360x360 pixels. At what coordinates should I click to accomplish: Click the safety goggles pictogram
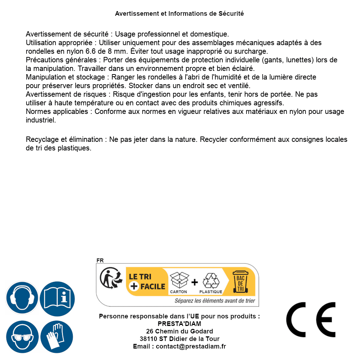tap(22, 337)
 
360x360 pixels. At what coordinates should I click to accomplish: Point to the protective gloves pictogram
tap(57, 337)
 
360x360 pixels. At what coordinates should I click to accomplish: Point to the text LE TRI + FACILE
tap(147, 282)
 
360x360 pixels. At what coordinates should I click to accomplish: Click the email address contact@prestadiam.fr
tap(191, 346)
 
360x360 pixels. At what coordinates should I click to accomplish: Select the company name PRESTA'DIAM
tap(179, 324)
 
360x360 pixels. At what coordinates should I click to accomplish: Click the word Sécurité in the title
tap(231, 14)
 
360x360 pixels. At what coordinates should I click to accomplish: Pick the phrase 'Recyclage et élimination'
tap(64, 139)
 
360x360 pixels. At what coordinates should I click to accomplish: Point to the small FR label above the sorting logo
tap(100, 260)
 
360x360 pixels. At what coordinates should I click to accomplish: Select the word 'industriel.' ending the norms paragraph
tap(41, 120)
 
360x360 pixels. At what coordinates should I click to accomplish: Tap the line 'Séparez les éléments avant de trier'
tap(215, 301)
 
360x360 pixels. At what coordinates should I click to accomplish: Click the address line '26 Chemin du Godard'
tap(179, 331)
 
